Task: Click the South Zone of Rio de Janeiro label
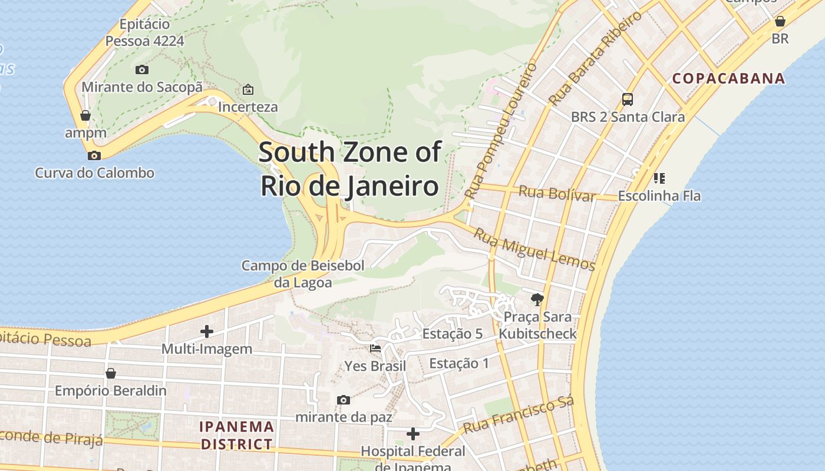click(349, 169)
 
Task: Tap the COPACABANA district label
click(729, 78)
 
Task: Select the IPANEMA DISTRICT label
click(237, 435)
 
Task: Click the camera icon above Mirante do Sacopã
click(142, 69)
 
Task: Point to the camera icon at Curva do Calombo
click(94, 155)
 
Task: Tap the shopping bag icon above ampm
click(85, 115)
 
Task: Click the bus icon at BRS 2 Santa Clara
click(628, 99)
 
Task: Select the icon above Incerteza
click(248, 89)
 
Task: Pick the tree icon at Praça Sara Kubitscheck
click(537, 299)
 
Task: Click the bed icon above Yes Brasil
click(375, 348)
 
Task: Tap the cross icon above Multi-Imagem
click(207, 331)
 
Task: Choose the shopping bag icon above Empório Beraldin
click(111, 373)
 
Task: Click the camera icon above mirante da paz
click(344, 400)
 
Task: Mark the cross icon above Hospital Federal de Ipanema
click(413, 434)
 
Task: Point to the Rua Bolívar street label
click(557, 193)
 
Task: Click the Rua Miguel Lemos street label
click(534, 249)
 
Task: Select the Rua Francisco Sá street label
click(518, 416)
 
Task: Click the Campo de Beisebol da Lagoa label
click(303, 274)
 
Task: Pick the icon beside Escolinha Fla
click(659, 178)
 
